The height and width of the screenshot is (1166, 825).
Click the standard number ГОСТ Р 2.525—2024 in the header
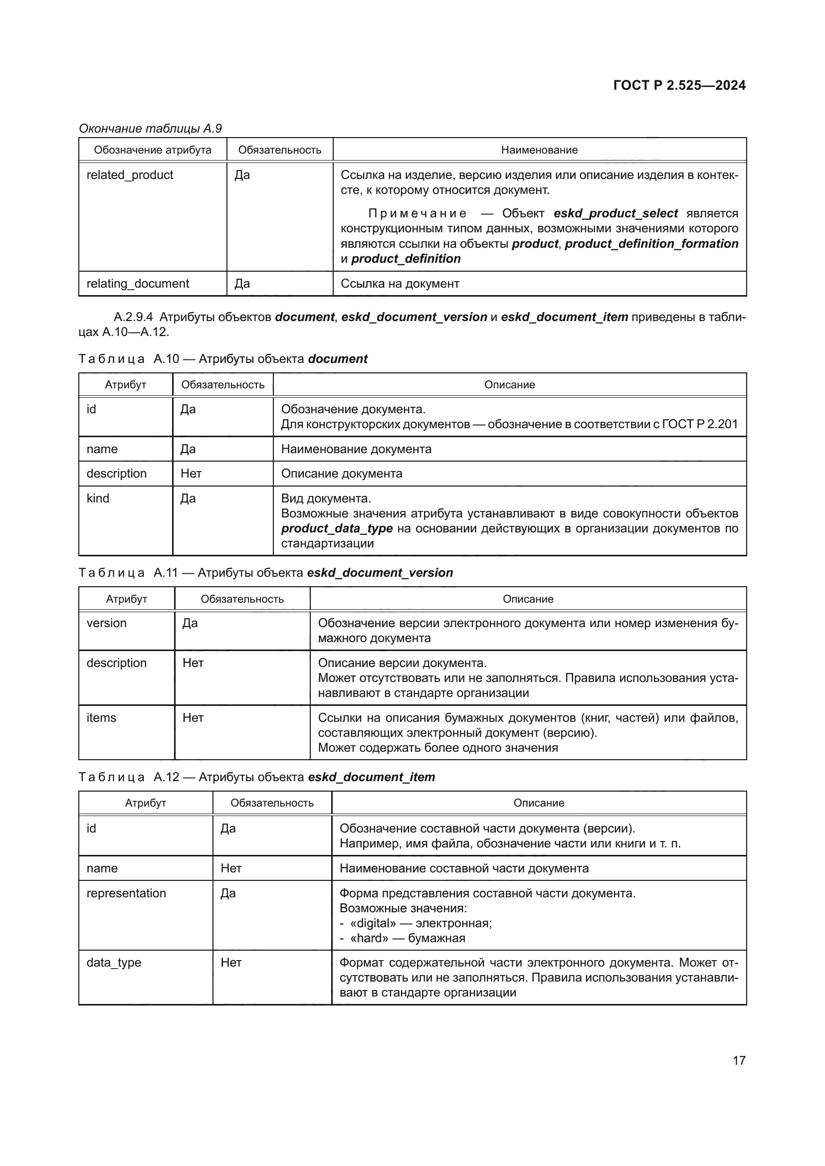(679, 85)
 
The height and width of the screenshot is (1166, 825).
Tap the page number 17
(739, 1060)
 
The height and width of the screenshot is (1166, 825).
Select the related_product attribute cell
(130, 175)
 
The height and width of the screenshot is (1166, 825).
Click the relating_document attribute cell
(138, 284)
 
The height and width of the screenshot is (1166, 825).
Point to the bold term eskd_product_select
(616, 213)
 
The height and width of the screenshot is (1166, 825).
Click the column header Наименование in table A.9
(539, 151)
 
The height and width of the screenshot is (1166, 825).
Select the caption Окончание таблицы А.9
(150, 129)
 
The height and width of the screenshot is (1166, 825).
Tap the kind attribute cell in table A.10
(98, 499)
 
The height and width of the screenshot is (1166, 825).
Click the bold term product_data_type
(337, 528)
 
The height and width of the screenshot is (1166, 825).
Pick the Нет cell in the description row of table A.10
(191, 474)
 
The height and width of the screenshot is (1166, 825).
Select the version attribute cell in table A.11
(107, 624)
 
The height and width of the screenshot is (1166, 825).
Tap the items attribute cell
(101, 718)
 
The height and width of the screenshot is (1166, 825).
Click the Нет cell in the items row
(193, 718)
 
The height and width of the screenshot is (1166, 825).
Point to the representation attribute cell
(126, 893)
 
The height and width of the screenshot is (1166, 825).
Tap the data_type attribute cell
(114, 963)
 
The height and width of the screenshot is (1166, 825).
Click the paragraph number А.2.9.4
(133, 318)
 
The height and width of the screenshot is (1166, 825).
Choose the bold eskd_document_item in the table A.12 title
(372, 778)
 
